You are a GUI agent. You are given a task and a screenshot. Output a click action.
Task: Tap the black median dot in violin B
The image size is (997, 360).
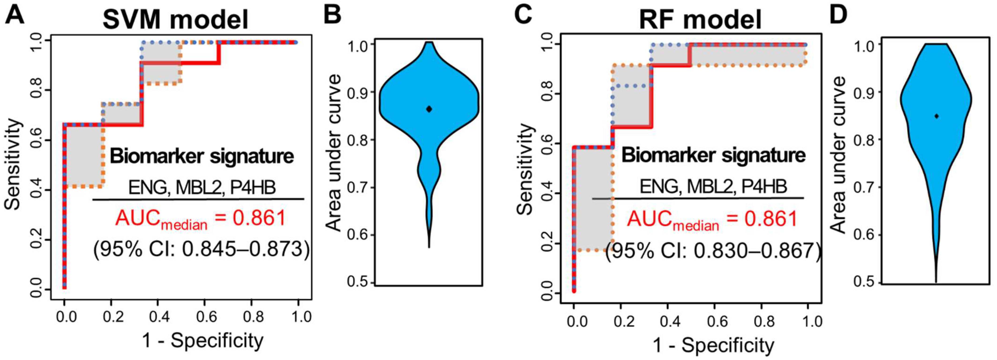(429, 109)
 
